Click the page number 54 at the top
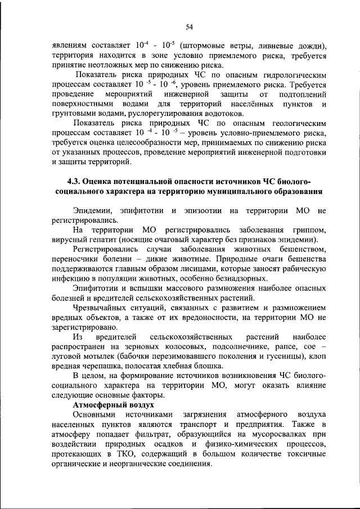point(188,26)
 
